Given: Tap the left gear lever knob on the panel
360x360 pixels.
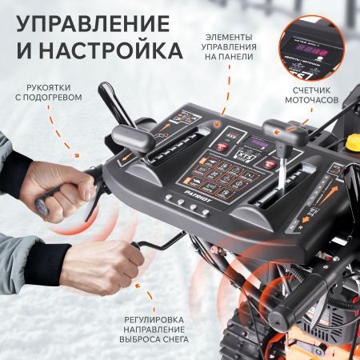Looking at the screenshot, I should (x=127, y=136).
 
